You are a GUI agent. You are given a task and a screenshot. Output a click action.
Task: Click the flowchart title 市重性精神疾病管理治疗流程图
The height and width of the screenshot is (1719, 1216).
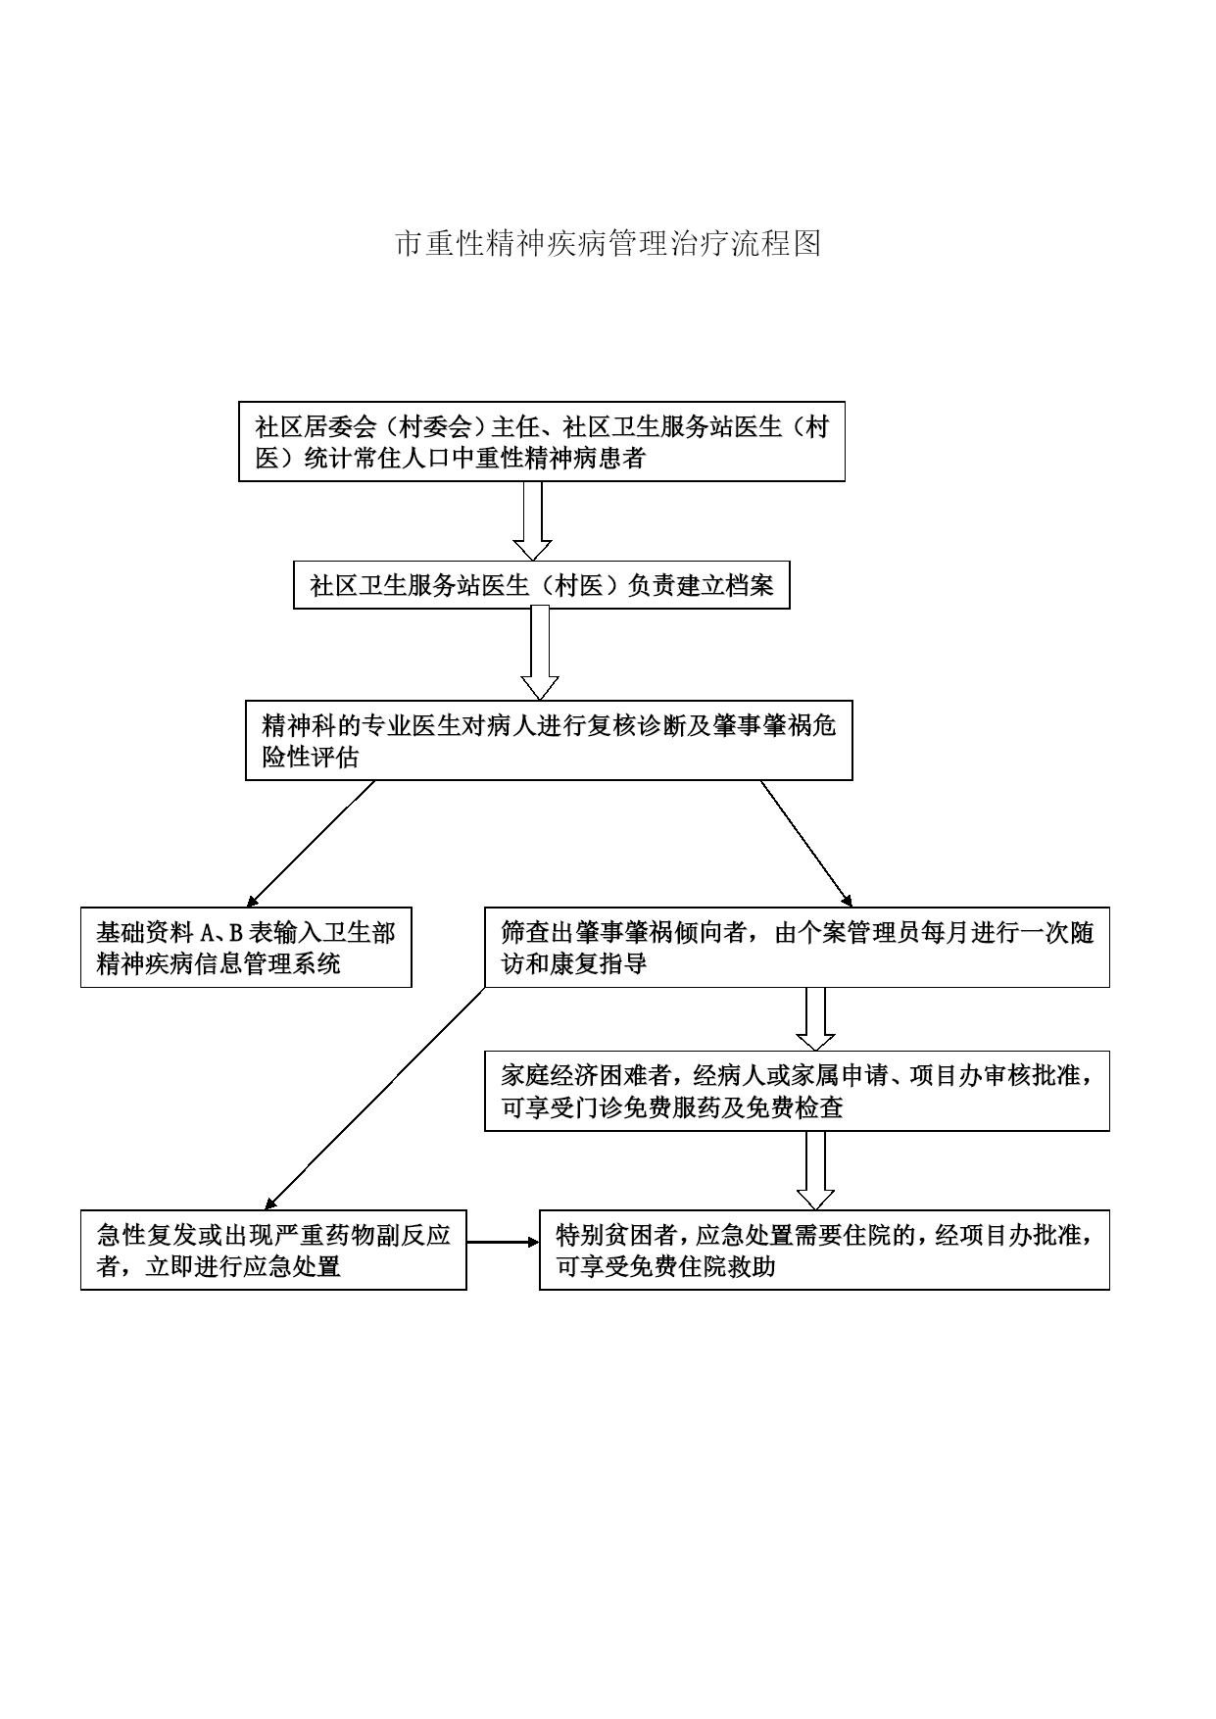[x=608, y=243]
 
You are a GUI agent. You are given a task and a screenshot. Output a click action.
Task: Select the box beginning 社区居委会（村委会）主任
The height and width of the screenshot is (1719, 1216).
[x=542, y=441]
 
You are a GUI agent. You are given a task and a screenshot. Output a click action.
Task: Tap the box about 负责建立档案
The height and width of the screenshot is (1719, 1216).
[x=542, y=584]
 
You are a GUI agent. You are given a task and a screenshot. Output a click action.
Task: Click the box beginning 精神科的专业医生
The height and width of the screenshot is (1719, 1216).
[x=549, y=740]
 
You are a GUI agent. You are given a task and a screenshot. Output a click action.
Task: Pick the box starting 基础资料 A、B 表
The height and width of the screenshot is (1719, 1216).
[x=246, y=947]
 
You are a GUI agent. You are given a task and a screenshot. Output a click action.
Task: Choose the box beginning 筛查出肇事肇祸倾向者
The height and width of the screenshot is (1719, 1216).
[x=797, y=947]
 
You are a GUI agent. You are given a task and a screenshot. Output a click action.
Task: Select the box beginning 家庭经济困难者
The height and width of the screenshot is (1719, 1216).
[x=797, y=1092]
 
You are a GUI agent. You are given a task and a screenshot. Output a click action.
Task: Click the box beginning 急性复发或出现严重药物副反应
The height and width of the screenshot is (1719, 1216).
[x=273, y=1250]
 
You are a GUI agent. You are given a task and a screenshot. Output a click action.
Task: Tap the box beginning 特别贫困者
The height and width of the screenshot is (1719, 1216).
[x=824, y=1250]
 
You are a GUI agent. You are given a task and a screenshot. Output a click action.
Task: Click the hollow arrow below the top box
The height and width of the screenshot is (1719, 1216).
[x=533, y=520]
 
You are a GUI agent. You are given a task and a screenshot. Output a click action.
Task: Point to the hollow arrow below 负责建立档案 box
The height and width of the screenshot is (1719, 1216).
[x=539, y=654]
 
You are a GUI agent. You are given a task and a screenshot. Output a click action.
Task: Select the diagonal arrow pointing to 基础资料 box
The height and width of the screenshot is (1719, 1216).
[x=311, y=843]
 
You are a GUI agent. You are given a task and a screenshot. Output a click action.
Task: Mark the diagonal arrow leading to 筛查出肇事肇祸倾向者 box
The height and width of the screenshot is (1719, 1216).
[x=806, y=843]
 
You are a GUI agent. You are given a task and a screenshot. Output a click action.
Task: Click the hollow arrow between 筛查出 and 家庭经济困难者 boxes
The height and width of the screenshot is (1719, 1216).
[x=815, y=1019]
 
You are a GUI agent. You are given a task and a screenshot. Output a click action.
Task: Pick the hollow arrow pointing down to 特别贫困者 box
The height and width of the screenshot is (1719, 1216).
[x=815, y=1170]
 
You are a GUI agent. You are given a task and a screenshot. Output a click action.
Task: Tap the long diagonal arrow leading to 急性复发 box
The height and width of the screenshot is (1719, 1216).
[x=374, y=1099]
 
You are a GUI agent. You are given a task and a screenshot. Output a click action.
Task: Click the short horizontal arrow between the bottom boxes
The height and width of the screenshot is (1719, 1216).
[x=503, y=1242]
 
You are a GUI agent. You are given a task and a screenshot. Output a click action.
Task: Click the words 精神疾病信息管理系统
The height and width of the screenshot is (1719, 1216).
[x=219, y=963]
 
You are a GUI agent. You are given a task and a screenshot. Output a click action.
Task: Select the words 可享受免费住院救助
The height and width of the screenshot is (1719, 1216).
[x=666, y=1266]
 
